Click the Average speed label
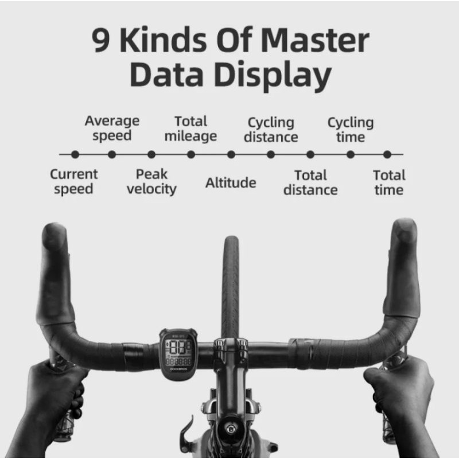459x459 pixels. pyautogui.click(x=112, y=129)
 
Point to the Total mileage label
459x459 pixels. pyautogui.click(x=190, y=129)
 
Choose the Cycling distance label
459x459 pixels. pyautogui.click(x=271, y=130)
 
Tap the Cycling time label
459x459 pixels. pyautogui.click(x=350, y=130)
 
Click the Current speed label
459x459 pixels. pyautogui.click(x=73, y=181)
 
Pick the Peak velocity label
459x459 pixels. pyautogui.click(x=151, y=181)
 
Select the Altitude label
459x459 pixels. pyautogui.click(x=231, y=183)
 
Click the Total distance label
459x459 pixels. pyautogui.click(x=310, y=182)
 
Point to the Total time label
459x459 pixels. pyautogui.click(x=388, y=182)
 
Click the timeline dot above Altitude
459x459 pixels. pyautogui.click(x=231, y=154)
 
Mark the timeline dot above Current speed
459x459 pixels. pyautogui.click(x=75, y=154)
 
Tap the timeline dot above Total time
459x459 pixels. pyautogui.click(x=387, y=154)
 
